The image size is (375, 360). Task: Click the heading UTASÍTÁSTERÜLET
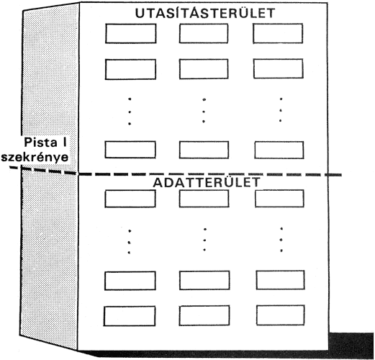(205, 13)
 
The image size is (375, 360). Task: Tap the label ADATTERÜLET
(207, 182)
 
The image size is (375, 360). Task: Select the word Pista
(41, 143)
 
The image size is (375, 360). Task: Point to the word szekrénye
(35, 158)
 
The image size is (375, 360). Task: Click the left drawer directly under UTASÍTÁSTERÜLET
(131, 33)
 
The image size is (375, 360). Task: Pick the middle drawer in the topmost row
(204, 33)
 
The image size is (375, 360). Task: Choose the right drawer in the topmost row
(278, 33)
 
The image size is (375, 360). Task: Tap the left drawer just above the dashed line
(130, 150)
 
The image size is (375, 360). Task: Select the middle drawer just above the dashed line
(204, 150)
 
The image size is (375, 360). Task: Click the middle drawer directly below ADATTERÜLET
(204, 199)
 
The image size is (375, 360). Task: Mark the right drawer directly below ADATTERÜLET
(279, 199)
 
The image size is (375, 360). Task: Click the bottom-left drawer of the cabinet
(130, 316)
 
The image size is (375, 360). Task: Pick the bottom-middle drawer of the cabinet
(204, 315)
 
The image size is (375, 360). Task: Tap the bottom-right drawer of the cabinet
(281, 315)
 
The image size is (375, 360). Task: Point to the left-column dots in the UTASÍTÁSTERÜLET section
(130, 112)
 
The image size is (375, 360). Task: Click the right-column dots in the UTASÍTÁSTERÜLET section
(281, 109)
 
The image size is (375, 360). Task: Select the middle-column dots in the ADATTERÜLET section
(204, 240)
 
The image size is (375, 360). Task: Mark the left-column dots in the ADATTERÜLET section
(130, 242)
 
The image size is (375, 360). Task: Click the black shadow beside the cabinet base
(351, 343)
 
